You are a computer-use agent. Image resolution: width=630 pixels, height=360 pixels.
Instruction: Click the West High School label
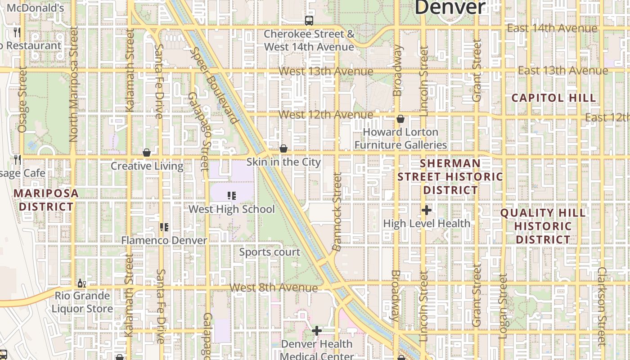click(231, 209)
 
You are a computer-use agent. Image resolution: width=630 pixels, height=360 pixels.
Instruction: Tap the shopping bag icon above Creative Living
click(147, 153)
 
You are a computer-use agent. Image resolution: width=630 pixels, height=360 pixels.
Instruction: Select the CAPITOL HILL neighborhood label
click(553, 98)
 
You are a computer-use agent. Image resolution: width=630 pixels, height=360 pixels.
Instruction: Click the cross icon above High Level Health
click(427, 210)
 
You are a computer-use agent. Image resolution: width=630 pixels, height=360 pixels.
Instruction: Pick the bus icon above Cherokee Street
click(309, 20)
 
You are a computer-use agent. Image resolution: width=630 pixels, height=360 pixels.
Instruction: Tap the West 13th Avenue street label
click(326, 72)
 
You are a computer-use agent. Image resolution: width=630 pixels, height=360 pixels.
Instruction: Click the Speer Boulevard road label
click(214, 85)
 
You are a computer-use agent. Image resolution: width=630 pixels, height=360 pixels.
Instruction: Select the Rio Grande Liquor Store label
click(82, 302)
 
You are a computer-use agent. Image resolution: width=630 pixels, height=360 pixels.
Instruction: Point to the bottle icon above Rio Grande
click(81, 283)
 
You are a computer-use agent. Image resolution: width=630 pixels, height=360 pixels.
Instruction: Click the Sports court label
click(270, 252)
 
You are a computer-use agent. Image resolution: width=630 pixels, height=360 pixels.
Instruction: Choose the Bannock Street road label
click(337, 211)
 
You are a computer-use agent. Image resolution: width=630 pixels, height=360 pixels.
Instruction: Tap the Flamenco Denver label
click(164, 240)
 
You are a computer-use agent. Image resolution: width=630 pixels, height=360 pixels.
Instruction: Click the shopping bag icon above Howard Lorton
click(400, 119)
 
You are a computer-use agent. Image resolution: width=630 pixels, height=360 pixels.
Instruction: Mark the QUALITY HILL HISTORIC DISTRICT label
click(543, 226)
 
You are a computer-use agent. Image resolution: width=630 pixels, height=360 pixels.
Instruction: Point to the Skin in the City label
click(283, 162)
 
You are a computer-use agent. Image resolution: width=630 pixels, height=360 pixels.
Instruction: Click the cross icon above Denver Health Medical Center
click(317, 331)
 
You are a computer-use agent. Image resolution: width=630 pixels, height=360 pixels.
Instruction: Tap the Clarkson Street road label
click(602, 306)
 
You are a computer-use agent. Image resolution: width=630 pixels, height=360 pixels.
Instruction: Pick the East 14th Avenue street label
click(552, 28)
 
